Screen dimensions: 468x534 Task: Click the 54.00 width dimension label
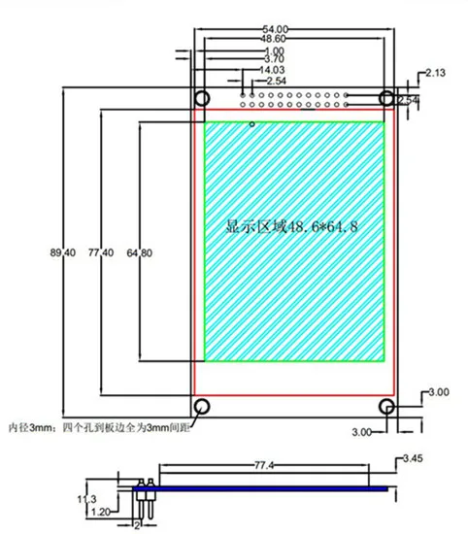275,30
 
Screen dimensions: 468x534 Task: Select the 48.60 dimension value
273,39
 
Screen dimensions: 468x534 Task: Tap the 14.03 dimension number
272,70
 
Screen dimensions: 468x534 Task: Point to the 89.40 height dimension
63,252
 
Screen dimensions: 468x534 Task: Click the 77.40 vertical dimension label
101,252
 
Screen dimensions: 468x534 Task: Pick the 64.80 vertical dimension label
139,253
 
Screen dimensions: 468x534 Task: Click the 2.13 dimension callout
435,73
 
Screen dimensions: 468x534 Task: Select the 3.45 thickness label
413,458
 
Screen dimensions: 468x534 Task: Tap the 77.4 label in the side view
264,465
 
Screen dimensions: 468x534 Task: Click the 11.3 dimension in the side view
86,499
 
